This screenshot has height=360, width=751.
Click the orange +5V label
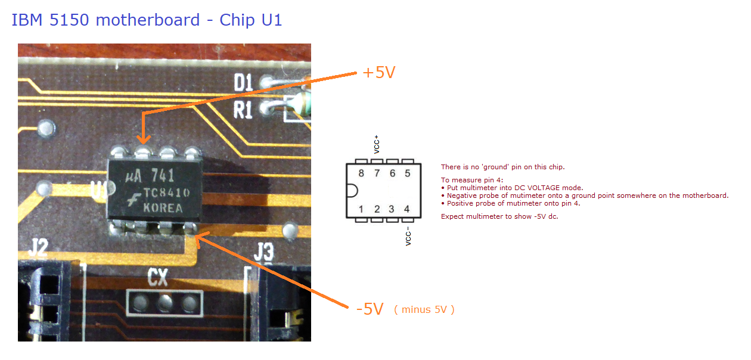click(x=379, y=73)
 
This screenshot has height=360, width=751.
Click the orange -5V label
click(x=369, y=309)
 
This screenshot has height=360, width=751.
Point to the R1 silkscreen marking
click(x=243, y=110)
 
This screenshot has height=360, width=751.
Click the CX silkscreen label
click(x=158, y=277)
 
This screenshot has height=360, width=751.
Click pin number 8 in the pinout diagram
click(x=361, y=173)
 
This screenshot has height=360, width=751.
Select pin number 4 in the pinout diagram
click(x=407, y=209)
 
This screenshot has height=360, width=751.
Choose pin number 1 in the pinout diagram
click(x=361, y=209)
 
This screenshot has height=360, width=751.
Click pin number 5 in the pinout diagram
click(x=407, y=173)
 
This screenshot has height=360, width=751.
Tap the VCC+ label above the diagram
click(x=377, y=144)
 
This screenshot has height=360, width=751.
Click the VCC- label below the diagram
click(x=408, y=236)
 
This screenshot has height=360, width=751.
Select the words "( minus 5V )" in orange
click(x=424, y=309)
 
